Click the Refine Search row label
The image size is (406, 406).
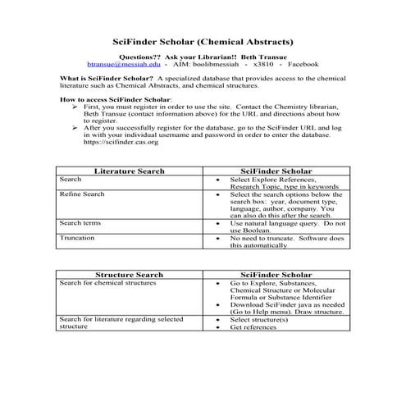pos(82,194)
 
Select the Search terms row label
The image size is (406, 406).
pos(80,222)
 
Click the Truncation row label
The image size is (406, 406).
pos(77,237)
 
